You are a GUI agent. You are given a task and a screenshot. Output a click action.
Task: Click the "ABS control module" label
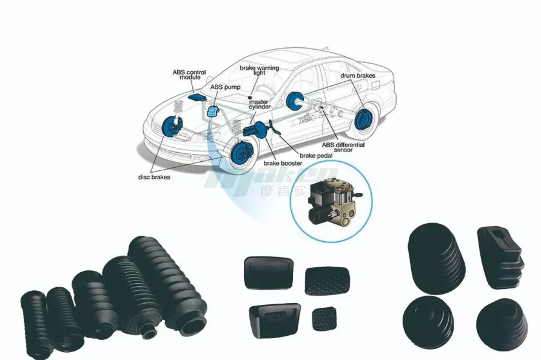point(189,75)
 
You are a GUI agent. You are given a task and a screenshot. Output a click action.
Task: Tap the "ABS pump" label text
point(225,87)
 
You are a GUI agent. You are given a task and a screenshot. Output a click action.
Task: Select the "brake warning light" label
point(259,70)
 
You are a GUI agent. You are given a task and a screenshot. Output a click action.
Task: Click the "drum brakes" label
point(357,76)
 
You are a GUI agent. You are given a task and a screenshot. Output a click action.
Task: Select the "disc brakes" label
point(153,177)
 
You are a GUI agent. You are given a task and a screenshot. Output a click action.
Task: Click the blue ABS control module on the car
point(196,96)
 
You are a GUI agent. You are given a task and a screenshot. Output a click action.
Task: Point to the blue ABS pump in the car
point(213,110)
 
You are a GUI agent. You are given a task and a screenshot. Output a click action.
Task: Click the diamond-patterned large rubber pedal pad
point(328,281)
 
